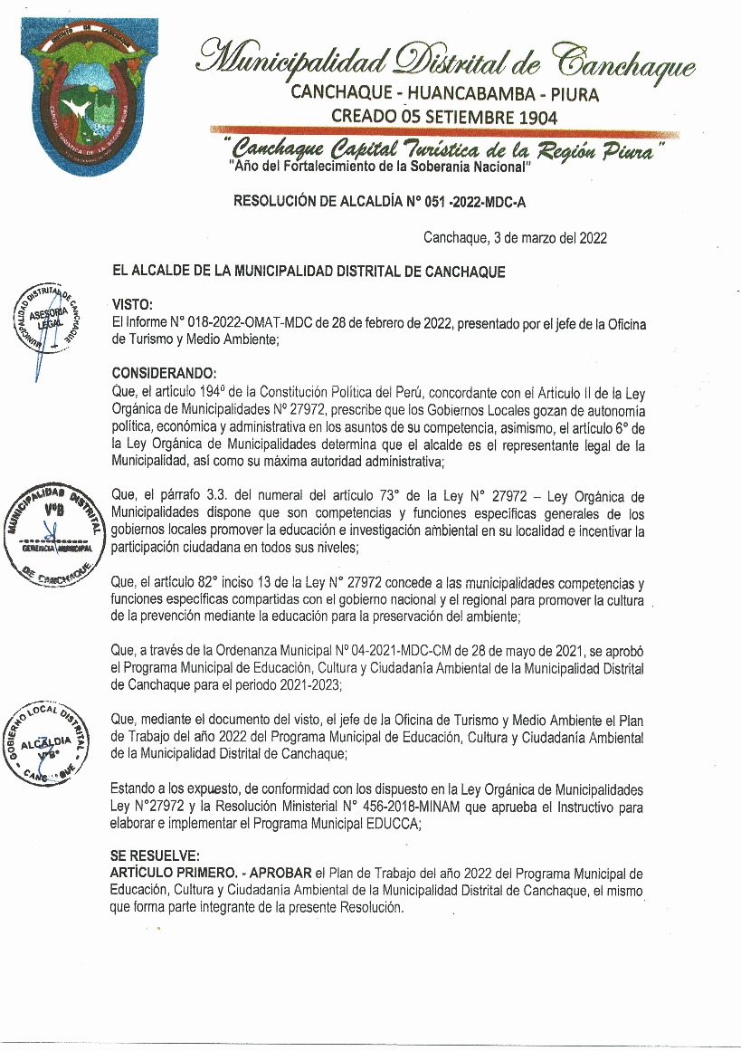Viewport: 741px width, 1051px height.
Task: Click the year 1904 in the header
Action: [x=532, y=117]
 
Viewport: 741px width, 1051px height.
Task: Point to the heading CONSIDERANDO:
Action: [x=164, y=373]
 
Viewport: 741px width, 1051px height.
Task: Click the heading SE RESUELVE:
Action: [x=152, y=855]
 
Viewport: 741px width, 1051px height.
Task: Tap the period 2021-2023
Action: [x=309, y=685]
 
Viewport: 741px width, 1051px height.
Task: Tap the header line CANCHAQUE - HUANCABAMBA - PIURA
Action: [x=443, y=93]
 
